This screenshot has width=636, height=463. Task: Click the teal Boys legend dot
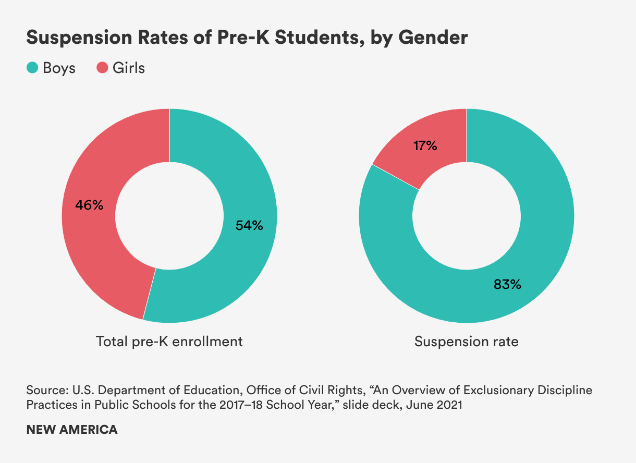click(32, 68)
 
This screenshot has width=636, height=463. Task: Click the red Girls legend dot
click(102, 68)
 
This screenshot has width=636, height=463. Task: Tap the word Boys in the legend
click(59, 68)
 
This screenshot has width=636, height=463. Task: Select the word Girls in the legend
click(129, 68)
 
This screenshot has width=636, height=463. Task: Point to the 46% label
click(89, 205)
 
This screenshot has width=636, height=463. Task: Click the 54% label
click(249, 225)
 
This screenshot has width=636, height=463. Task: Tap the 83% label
click(507, 284)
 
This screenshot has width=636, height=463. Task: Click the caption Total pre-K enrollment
click(169, 342)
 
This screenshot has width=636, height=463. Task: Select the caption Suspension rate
click(467, 342)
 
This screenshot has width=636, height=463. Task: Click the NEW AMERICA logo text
click(72, 430)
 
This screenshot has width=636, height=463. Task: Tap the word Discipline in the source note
click(566, 391)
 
